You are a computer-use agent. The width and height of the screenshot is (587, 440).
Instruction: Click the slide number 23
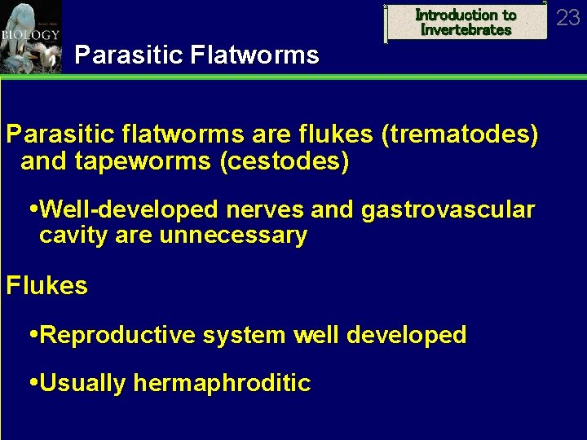(x=567, y=17)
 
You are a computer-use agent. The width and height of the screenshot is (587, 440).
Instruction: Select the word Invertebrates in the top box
(x=466, y=30)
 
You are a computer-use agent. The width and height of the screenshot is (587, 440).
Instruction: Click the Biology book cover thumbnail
(x=30, y=37)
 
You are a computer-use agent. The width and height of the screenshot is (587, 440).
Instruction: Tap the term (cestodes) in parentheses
(x=285, y=162)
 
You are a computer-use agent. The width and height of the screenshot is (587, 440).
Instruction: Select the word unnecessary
(x=233, y=236)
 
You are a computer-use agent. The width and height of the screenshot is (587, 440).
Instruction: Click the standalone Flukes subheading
(x=46, y=286)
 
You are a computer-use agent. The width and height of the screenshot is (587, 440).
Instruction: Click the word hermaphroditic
(x=222, y=383)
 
